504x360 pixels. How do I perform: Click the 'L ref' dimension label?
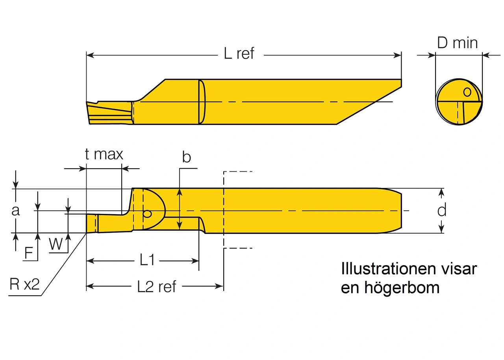coord(239,53)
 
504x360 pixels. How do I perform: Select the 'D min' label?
coord(458,43)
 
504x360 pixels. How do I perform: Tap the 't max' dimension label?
coord(104,154)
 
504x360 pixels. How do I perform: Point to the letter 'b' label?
coord(187,157)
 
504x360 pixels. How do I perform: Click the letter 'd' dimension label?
coord(442,211)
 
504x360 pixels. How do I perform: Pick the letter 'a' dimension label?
coord(15,211)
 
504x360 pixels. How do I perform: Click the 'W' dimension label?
coord(56,245)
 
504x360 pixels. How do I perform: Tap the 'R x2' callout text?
coord(24,284)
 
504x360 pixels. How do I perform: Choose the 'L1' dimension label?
coord(146,260)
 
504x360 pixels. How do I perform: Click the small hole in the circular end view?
coord(467,92)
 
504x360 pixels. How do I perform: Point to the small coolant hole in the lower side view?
coord(147,214)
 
